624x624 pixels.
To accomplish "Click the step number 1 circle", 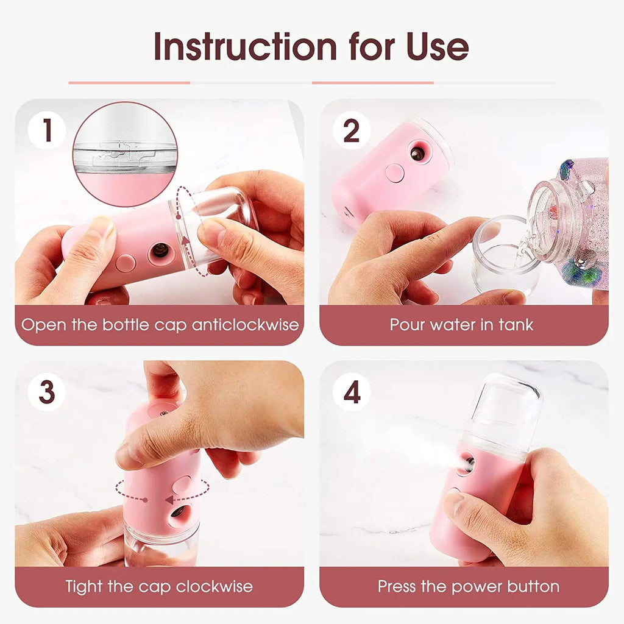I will click(47, 130).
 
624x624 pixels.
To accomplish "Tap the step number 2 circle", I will click(352, 130).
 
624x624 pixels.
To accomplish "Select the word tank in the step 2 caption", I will click(516, 324).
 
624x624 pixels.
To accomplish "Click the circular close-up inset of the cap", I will click(125, 154).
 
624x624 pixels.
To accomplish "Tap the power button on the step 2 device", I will click(394, 173).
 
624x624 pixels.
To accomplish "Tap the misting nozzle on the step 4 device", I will click(466, 464).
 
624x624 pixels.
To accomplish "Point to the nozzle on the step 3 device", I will click(178, 511).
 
